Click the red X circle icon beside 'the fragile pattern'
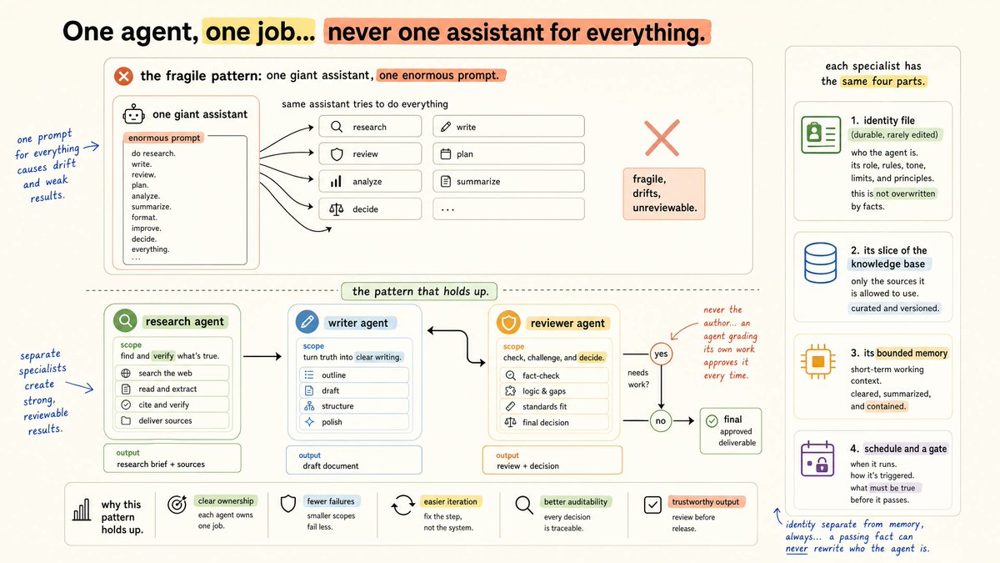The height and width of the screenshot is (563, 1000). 123,76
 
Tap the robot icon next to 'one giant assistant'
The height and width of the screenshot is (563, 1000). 133,115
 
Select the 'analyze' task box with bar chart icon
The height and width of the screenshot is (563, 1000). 370,182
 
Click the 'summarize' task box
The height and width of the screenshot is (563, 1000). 508,182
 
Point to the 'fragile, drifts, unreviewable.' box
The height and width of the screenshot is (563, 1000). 664,194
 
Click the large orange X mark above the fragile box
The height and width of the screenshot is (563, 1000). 662,138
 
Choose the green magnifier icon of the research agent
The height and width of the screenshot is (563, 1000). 125,321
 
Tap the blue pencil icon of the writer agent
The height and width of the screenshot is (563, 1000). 307,322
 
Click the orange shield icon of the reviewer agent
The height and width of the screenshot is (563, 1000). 508,323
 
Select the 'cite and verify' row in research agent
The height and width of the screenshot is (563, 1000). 172,405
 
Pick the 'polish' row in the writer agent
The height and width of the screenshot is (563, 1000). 354,422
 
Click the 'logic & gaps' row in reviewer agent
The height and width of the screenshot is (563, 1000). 554,391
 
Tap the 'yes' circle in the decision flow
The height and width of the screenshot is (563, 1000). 661,354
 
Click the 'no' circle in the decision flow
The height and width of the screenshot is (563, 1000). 661,420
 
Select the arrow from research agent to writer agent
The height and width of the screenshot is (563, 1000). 262,356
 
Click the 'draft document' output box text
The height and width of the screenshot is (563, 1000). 330,466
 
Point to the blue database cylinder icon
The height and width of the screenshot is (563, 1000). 820,263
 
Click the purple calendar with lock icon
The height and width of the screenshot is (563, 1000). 817,459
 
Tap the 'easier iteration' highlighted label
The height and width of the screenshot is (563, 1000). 451,502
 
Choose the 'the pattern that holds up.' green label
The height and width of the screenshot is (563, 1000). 419,291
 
